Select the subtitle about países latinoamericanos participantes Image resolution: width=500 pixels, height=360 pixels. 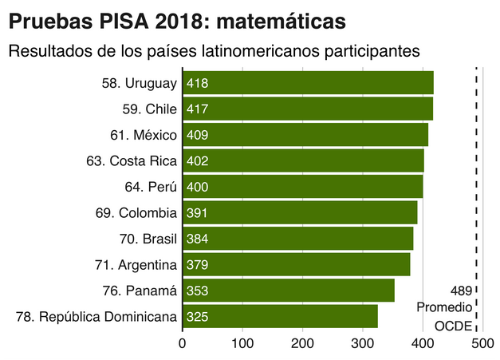(215, 52)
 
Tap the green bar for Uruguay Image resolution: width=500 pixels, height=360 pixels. (309, 82)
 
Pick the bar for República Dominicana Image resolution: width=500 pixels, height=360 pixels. (281, 317)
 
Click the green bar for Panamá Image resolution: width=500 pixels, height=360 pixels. (289, 291)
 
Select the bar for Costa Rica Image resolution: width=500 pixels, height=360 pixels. (304, 160)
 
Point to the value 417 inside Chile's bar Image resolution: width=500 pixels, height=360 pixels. (197, 109)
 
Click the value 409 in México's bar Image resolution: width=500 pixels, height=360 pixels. (197, 135)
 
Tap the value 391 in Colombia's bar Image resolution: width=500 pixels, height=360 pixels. (197, 213)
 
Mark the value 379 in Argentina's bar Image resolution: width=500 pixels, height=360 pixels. (197, 265)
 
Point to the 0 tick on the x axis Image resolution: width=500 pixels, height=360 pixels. (183, 344)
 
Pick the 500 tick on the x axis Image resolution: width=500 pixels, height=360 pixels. (482, 344)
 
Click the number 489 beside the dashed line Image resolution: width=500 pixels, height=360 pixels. (460, 291)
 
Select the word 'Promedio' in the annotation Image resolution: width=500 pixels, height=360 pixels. (444, 308)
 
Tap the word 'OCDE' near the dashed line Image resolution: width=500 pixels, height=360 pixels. (453, 326)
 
